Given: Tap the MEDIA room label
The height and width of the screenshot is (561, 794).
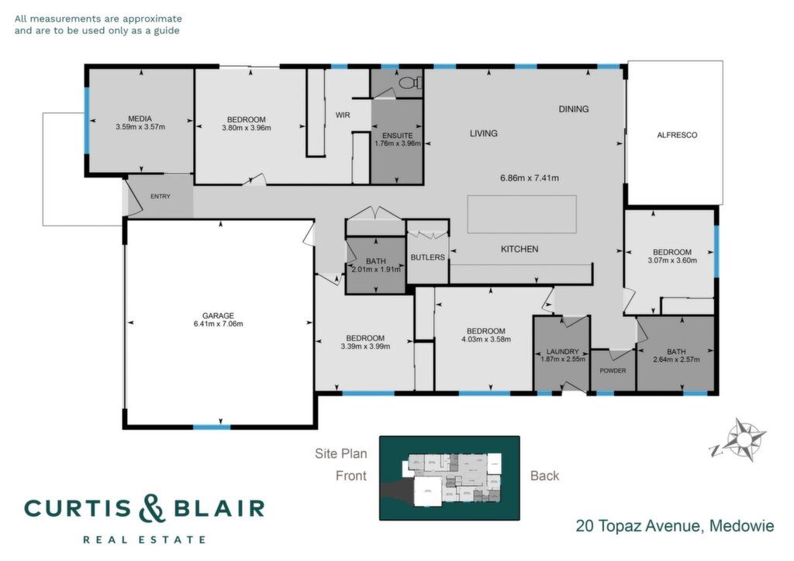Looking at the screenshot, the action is tap(140, 119).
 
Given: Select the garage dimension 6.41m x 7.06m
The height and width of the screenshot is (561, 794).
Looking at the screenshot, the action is tap(218, 324).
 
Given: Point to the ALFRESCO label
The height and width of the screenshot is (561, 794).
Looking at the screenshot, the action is tap(677, 135).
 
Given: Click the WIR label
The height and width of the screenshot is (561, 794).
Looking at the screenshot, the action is tap(343, 115).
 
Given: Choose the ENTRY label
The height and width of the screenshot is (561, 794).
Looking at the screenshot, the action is tap(161, 196).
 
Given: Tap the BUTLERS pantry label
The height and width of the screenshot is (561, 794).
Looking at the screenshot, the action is tap(428, 257).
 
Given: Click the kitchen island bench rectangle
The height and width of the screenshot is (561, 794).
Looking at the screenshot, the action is tap(522, 214).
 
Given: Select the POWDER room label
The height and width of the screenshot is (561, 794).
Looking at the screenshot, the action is tap(613, 371).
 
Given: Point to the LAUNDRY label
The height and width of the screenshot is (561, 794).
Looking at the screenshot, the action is tap(563, 352).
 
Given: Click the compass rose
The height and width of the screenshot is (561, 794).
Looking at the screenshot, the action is tap(739, 439).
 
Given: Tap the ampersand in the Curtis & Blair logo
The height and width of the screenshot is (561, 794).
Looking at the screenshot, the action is tap(153, 508).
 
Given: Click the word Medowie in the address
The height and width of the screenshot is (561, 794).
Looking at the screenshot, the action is tap(741, 526).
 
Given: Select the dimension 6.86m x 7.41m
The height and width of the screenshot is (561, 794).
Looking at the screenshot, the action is tap(530, 178).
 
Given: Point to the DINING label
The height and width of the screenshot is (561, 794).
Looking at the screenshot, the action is tap(574, 108).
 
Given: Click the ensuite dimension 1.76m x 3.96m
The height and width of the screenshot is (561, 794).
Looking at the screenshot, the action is tap(398, 143).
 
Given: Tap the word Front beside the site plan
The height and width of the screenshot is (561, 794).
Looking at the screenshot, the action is tap(351, 476).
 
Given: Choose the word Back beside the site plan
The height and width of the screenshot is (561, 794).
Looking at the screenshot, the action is tap(545, 476).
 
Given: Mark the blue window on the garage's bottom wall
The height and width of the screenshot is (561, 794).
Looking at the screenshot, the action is tap(212, 428).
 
